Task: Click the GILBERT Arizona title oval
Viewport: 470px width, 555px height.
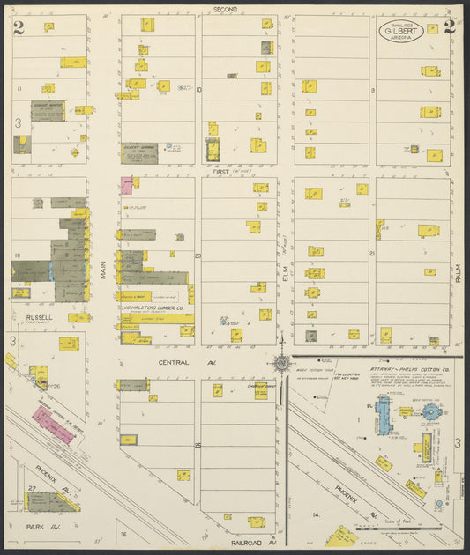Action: coord(402,32)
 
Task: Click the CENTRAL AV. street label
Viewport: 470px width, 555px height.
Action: coord(175,362)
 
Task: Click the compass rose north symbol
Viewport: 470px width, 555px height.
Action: coord(281,362)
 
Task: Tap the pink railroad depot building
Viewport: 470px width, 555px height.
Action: coord(54,425)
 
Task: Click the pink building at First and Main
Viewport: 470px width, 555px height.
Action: coord(126,185)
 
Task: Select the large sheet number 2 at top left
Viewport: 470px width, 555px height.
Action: coord(19,27)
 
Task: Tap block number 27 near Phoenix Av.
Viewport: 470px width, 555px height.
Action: coord(32,487)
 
